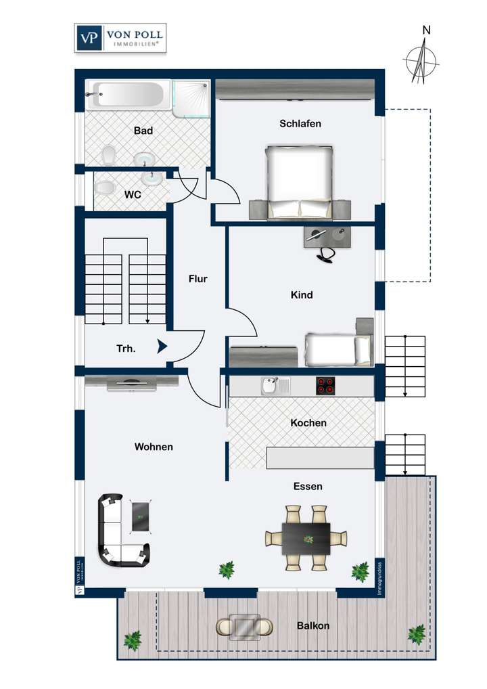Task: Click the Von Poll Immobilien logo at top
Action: tap(120, 38)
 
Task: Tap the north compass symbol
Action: tap(422, 60)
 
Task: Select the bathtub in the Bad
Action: tap(127, 95)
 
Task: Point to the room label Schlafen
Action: tap(300, 124)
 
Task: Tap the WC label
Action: tap(133, 194)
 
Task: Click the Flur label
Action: tap(198, 278)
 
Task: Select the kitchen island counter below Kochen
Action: tap(320, 458)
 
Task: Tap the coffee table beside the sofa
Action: tap(141, 517)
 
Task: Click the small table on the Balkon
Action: tap(245, 627)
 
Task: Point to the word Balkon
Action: tap(313, 626)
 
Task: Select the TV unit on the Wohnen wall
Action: tap(133, 383)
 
